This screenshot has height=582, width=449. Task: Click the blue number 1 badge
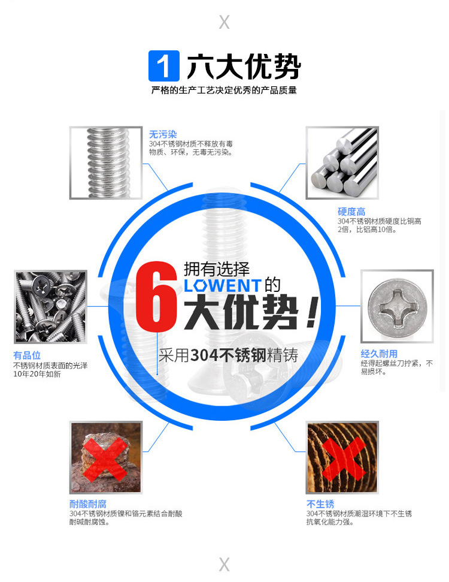pyautogui.click(x=164, y=66)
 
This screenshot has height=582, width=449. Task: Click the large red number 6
pyautogui.click(x=156, y=296)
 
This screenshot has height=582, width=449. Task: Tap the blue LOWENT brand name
pyautogui.click(x=223, y=286)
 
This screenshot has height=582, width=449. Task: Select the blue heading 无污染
pyautogui.click(x=163, y=134)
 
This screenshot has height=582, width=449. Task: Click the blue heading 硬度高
pyautogui.click(x=351, y=212)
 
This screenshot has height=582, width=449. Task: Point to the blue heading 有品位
pyautogui.click(x=27, y=355)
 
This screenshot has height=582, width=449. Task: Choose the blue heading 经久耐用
pyautogui.click(x=379, y=354)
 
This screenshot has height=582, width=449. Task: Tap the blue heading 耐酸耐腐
pyautogui.click(x=88, y=503)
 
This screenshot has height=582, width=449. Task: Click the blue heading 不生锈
pyautogui.click(x=320, y=503)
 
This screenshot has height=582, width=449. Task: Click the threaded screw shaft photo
pyautogui.click(x=106, y=163)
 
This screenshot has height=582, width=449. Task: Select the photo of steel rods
pyautogui.click(x=342, y=163)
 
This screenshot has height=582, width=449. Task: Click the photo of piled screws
pyautogui.click(x=50, y=307)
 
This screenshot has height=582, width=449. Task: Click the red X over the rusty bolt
pyautogui.click(x=106, y=459)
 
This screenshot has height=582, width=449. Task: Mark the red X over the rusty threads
pyautogui.click(x=343, y=459)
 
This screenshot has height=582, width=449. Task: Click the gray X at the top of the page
pyautogui.click(x=224, y=22)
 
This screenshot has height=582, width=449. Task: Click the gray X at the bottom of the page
pyautogui.click(x=224, y=565)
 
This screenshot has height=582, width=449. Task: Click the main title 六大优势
pyautogui.click(x=244, y=67)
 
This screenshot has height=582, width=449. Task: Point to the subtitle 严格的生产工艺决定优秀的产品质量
pyautogui.click(x=224, y=90)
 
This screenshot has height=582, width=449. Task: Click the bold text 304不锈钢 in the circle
pyautogui.click(x=229, y=355)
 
